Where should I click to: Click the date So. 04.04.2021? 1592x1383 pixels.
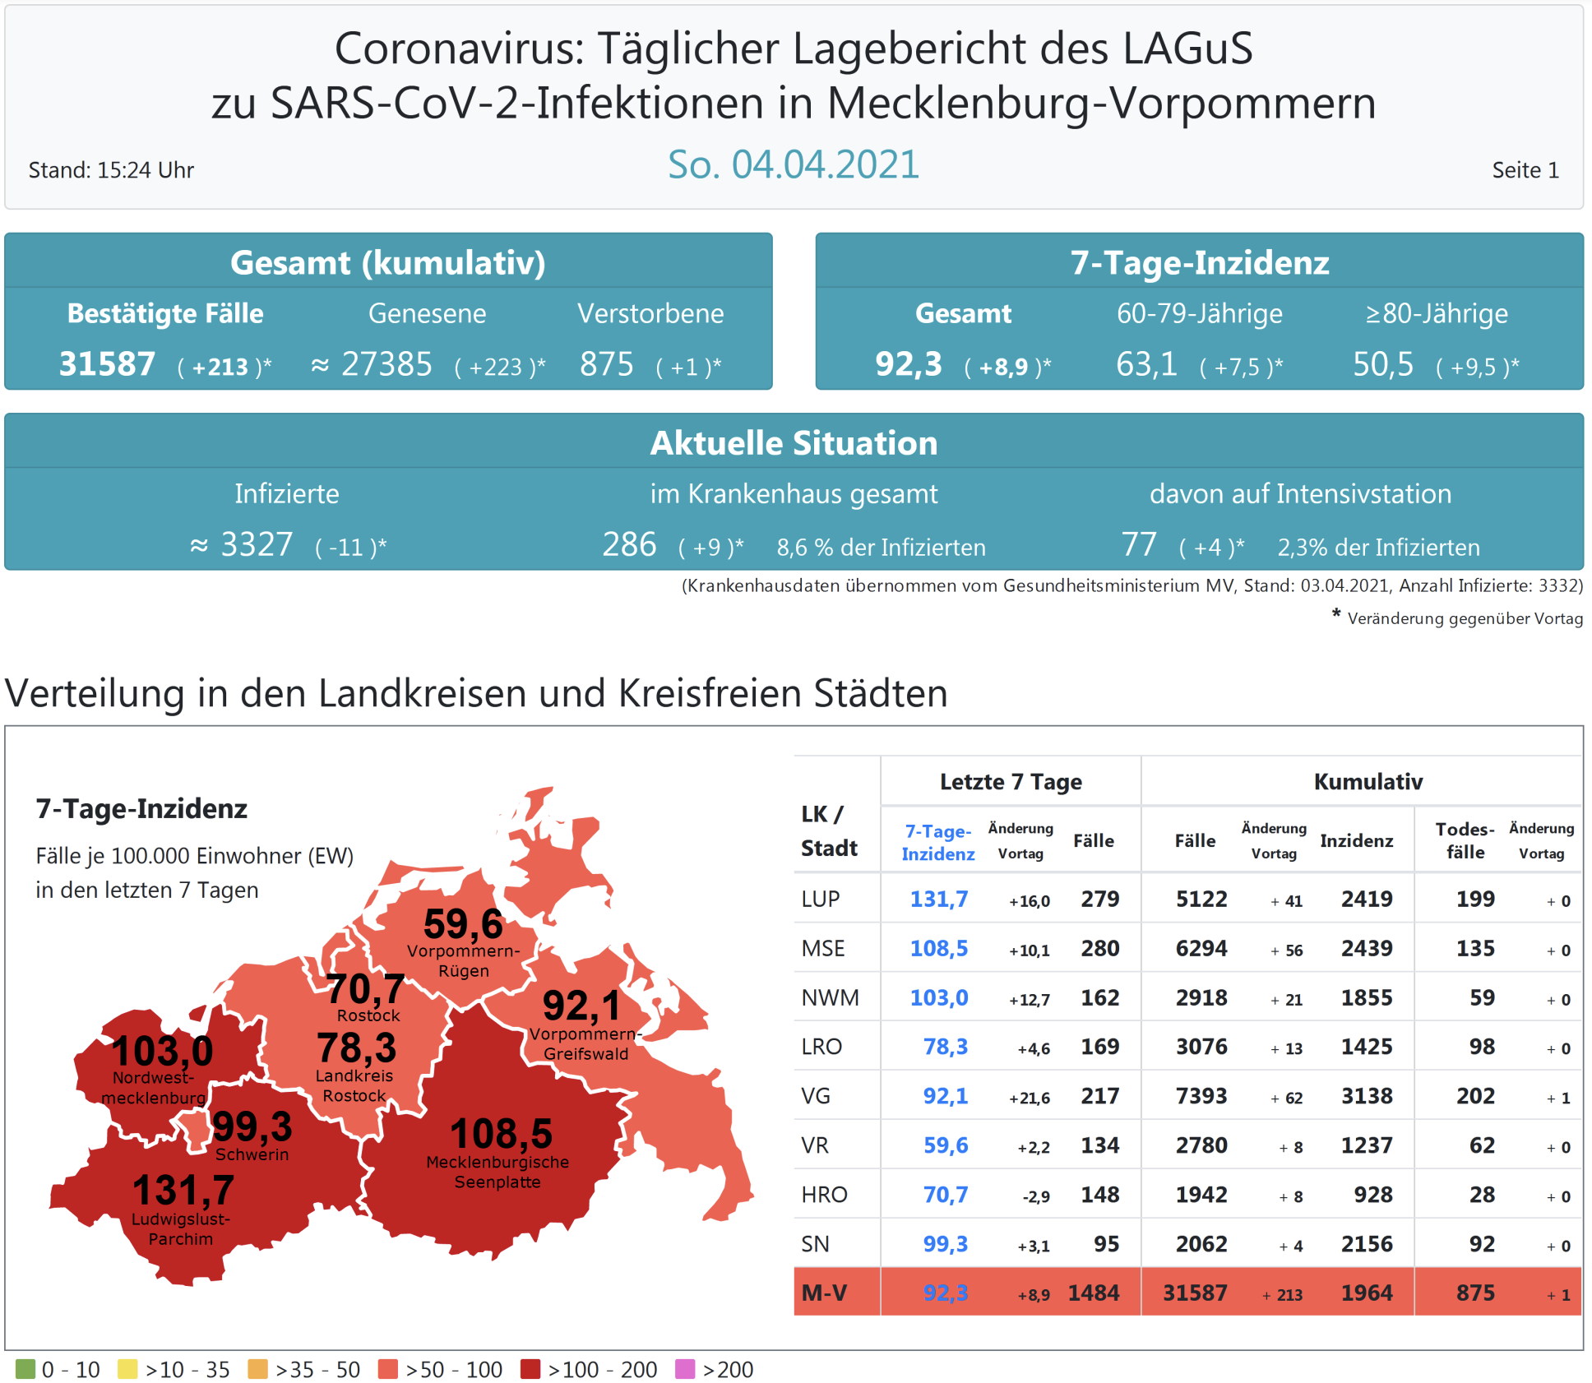793,165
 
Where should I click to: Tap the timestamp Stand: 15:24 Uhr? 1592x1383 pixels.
111,170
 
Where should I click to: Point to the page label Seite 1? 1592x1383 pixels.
1525,170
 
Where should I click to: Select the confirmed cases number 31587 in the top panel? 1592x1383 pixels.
107,364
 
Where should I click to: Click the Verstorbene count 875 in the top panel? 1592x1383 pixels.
606,364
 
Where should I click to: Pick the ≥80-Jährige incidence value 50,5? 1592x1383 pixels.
1382,364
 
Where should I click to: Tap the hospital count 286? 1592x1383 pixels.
629,544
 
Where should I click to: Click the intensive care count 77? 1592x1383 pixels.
1138,544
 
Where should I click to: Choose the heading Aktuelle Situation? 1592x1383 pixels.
794,443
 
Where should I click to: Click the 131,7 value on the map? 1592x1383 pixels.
183,1190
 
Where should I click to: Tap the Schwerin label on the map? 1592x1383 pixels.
252,1154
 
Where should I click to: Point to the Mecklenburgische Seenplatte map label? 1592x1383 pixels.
497,1172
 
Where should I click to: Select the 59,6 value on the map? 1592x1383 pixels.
463,924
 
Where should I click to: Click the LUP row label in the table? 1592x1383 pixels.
821,899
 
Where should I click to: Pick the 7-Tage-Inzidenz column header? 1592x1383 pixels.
937,842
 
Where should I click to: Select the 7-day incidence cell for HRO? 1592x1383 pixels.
945,1194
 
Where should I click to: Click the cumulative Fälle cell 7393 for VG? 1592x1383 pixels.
1201,1095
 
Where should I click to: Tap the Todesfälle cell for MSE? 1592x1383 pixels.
1475,948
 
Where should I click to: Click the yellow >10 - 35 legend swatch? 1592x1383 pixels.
127,1369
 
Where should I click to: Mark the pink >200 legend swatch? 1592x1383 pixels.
685,1369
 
